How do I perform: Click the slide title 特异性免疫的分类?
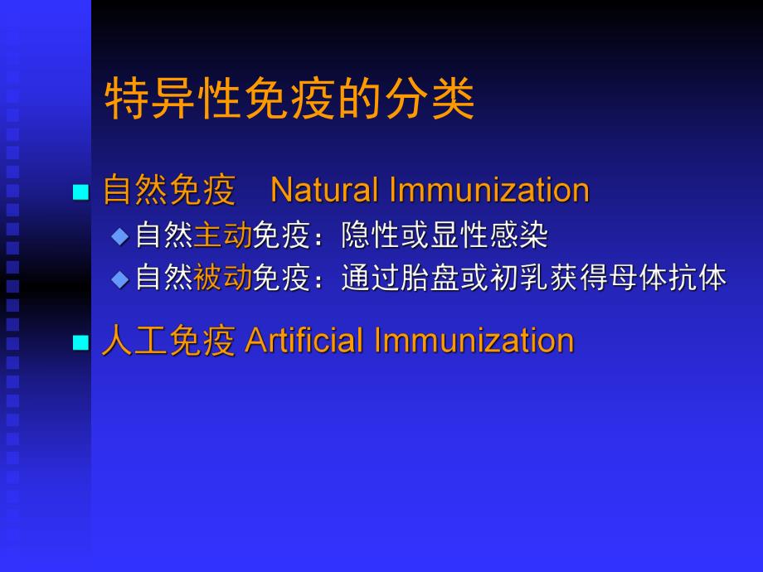click(289, 101)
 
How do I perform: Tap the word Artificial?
click(302, 342)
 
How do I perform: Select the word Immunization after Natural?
click(488, 191)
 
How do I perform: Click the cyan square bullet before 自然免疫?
click(80, 192)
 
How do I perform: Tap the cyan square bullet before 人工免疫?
click(80, 343)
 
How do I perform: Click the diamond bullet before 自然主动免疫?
click(121, 236)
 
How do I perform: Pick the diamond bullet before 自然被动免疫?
click(121, 279)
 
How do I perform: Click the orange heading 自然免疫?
click(169, 191)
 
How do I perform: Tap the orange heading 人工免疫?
click(169, 342)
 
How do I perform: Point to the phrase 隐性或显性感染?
click(445, 236)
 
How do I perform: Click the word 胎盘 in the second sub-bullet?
click(430, 279)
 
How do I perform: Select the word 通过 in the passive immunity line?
click(370, 279)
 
